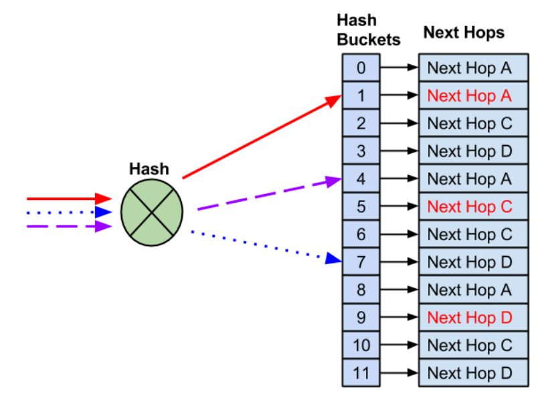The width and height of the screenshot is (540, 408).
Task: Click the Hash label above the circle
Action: (149, 169)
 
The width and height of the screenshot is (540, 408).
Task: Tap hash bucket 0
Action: (361, 68)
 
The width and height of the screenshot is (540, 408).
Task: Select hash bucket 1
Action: (361, 96)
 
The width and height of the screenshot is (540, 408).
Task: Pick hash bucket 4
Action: (361, 179)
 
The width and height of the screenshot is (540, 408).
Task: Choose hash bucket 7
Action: (361, 262)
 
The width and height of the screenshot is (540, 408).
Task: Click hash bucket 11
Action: (361, 373)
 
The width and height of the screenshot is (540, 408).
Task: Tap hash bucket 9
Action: (361, 317)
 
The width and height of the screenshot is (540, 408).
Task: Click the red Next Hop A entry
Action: (469, 96)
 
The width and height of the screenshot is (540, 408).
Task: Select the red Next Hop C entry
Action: (469, 207)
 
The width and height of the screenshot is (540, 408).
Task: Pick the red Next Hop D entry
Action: (469, 317)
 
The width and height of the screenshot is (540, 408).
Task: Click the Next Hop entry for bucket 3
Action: (469, 151)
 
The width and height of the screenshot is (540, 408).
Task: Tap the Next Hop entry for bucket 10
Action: (469, 345)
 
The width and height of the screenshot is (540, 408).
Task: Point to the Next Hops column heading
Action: (464, 33)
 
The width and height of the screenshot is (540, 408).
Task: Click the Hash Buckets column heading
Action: (368, 29)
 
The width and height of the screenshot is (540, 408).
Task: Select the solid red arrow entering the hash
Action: (67, 199)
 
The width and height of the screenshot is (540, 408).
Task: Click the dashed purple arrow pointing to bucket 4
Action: (268, 195)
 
